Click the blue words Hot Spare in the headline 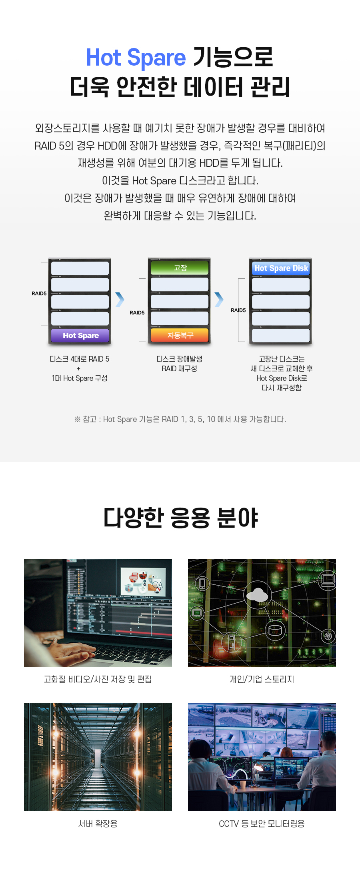(136, 57)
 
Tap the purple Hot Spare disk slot (80, 336)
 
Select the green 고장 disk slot (180, 268)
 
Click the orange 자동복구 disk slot (180, 336)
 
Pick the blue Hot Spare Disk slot (281, 268)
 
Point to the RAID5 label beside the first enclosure (39, 293)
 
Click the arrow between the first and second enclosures (120, 300)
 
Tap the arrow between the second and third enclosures (219, 300)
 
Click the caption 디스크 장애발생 (179, 359)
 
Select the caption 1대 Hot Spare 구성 (79, 378)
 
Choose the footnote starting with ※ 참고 (180, 419)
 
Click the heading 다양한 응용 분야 (180, 518)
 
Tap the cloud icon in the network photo (257, 595)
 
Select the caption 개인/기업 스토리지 (262, 679)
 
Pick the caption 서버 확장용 (98, 823)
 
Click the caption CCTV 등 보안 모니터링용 (262, 823)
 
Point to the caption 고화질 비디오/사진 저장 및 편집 (98, 679)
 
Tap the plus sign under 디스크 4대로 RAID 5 (78, 368)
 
